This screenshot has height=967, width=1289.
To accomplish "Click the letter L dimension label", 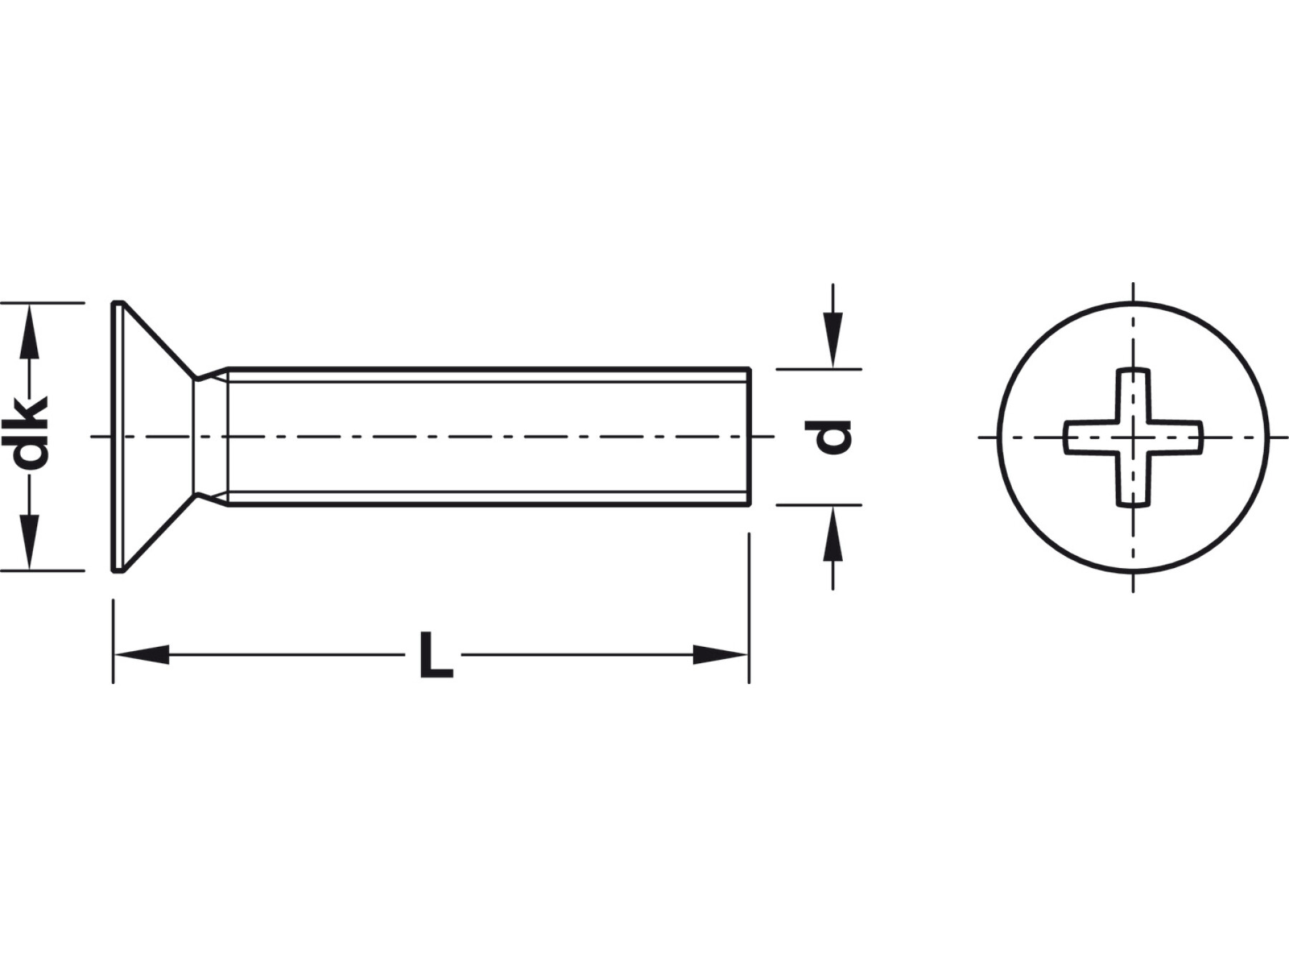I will (435, 655).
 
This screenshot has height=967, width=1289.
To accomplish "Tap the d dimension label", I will (829, 437).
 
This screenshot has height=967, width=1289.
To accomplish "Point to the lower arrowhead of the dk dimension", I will (29, 552).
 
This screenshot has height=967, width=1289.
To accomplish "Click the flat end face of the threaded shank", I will (749, 437).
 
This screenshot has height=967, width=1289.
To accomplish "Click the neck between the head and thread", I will (211, 437).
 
